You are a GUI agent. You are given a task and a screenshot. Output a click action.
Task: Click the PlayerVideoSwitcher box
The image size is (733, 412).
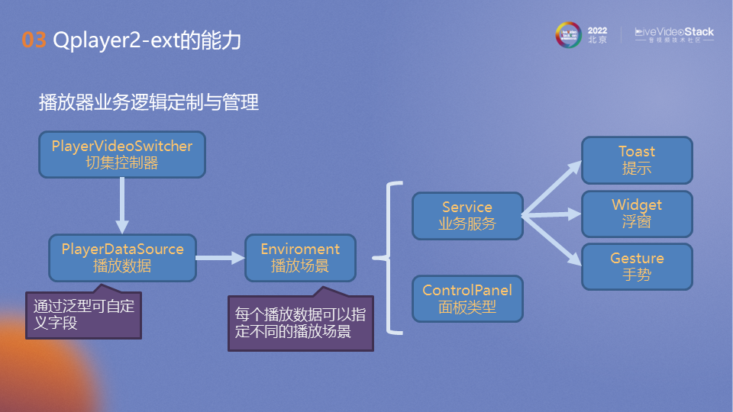pos(122,154)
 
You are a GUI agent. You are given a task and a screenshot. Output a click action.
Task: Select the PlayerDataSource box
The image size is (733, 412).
pos(122,257)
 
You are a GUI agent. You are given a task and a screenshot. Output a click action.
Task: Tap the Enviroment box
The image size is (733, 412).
pos(300,257)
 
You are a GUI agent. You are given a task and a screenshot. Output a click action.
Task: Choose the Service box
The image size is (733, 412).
pos(467,215)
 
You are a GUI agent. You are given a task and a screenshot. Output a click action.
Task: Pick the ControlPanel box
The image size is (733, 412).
pos(467,298)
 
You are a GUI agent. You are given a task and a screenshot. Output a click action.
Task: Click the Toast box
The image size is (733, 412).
pos(637,160)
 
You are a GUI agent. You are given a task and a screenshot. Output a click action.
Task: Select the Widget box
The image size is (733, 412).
pos(637,214)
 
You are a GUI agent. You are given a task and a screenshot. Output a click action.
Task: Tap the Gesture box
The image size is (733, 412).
pos(637,266)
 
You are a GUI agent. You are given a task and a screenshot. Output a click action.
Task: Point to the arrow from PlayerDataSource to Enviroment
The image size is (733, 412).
pos(220,258)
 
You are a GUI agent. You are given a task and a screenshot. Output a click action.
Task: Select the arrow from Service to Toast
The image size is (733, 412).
pos(551,188)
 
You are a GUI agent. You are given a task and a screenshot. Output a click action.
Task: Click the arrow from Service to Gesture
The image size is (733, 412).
pos(551,240)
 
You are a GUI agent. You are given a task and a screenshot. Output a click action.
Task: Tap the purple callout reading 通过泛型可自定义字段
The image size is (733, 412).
pos(84,314)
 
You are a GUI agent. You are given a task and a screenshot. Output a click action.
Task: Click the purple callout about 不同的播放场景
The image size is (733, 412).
pos(301,323)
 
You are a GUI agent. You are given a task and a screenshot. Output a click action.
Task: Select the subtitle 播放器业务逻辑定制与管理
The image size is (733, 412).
pos(149,101)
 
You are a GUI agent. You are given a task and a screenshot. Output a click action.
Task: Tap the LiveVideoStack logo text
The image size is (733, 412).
pos(675,32)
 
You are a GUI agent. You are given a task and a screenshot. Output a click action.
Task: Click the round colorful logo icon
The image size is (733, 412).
pos(569,34)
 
